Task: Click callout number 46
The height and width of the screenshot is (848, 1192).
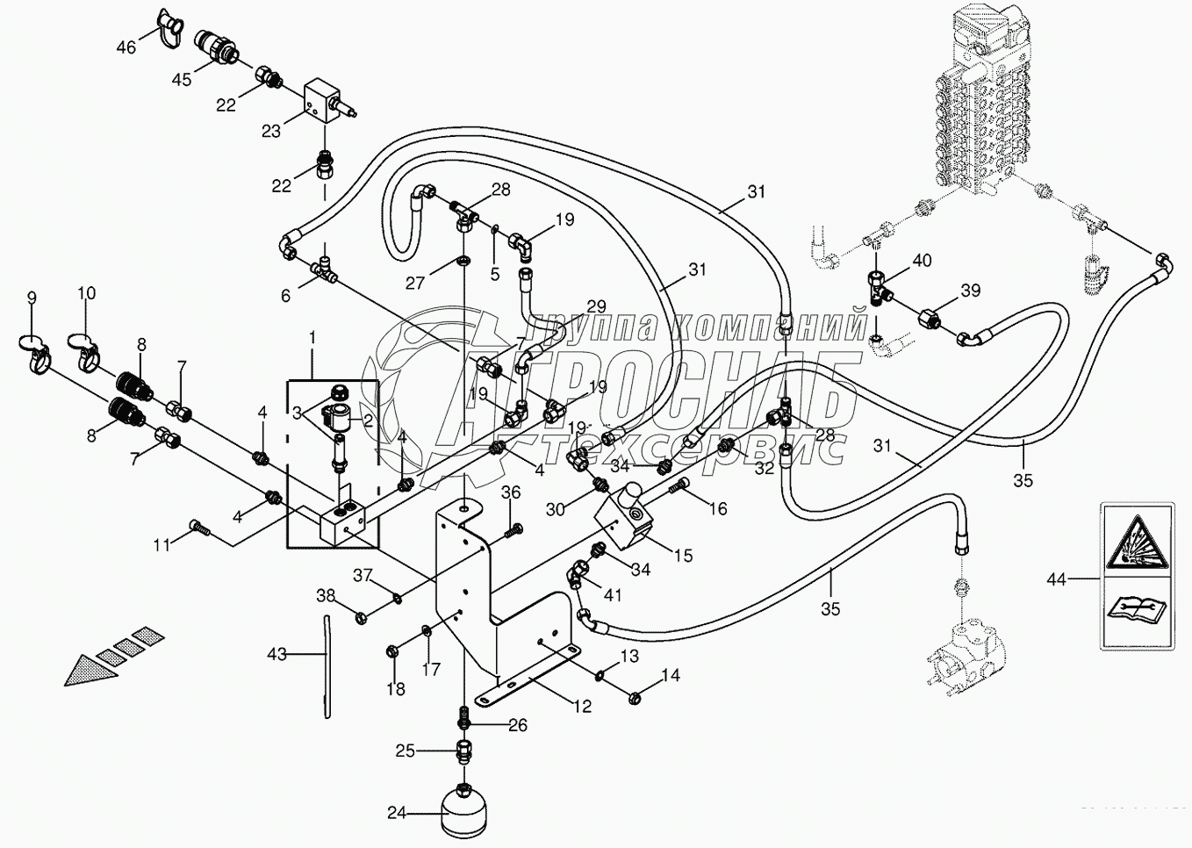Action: [126, 47]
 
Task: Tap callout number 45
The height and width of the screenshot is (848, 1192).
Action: [182, 80]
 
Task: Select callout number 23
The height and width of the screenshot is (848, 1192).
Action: [271, 131]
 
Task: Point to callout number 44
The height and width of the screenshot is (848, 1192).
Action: [1057, 579]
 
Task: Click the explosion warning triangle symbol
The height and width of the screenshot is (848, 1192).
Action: [1137, 543]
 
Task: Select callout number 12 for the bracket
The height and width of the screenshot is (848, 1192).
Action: [583, 707]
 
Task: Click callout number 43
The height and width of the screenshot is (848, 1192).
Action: [276, 654]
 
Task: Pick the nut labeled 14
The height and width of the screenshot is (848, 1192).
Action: [634, 698]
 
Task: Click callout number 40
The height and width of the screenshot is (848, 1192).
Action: [923, 261]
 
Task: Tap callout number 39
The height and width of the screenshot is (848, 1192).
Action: [970, 291]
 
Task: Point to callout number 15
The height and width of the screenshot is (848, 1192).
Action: [684, 556]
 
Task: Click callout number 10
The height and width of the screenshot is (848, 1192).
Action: [86, 293]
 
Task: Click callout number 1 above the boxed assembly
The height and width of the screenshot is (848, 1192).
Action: [312, 338]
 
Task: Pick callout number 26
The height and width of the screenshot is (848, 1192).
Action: [518, 725]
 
